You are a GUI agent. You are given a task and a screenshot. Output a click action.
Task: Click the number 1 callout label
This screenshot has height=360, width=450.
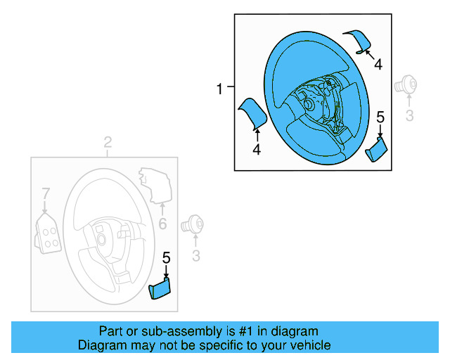click(x=219, y=89)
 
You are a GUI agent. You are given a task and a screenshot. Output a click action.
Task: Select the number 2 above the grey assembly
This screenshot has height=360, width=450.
click(x=108, y=144)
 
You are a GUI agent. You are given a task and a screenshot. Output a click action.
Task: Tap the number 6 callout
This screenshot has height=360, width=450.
click(x=162, y=224)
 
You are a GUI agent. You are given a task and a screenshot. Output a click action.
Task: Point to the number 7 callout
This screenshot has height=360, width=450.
click(x=45, y=193)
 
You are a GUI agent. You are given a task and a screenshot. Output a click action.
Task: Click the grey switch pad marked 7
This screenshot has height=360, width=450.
click(x=48, y=231)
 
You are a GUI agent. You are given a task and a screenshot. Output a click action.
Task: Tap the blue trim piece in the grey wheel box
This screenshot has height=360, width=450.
click(x=161, y=288)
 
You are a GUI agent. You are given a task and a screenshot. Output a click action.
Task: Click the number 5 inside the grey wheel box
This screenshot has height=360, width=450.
click(x=167, y=258)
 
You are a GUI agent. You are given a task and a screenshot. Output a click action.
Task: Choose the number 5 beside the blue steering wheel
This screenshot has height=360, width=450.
click(x=380, y=117)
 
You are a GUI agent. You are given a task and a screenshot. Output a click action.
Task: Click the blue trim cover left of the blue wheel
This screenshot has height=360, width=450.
click(x=252, y=112)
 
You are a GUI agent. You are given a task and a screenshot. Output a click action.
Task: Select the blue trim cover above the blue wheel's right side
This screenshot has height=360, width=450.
click(x=359, y=41)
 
